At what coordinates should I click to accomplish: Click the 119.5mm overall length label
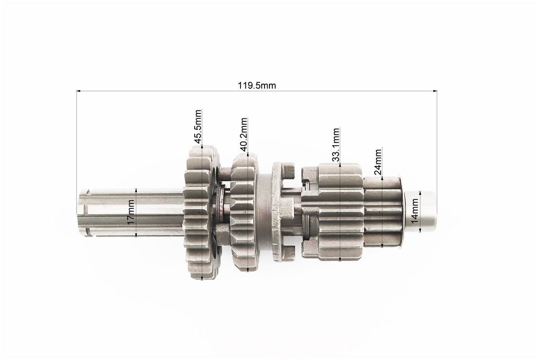click(256, 85)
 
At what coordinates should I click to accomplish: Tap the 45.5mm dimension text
click(197, 126)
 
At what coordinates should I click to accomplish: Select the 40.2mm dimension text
click(243, 135)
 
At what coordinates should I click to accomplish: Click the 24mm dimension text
click(378, 162)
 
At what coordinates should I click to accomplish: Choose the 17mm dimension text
click(131, 212)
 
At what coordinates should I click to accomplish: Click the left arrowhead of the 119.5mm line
click(78, 91)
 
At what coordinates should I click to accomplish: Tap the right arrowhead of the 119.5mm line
click(435, 91)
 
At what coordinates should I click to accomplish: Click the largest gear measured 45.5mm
click(202, 212)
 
